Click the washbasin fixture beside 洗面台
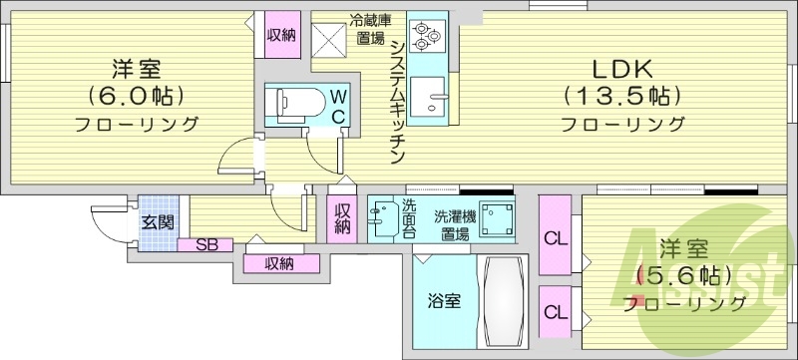(x=383, y=217)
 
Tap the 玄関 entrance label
(x=156, y=222)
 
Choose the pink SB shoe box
(x=205, y=244)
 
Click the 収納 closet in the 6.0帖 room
(x=280, y=36)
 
